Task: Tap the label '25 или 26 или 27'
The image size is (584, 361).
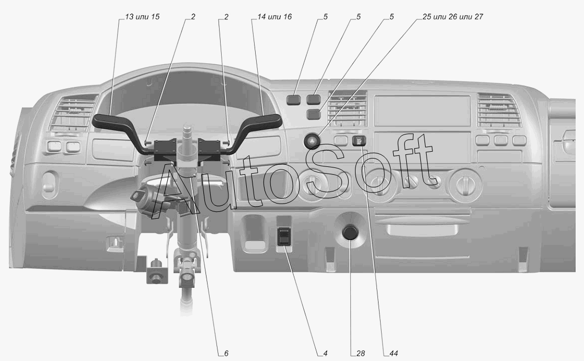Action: (453, 17)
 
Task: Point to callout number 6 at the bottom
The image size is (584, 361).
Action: (226, 354)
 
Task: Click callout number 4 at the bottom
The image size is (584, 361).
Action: (325, 354)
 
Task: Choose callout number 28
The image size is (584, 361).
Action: (360, 354)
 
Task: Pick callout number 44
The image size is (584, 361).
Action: (393, 354)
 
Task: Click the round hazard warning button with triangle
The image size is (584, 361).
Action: (312, 141)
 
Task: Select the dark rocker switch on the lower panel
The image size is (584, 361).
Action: (284, 236)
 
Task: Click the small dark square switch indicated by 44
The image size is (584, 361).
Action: (360, 140)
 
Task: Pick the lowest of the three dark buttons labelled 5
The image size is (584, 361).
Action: (314, 114)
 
